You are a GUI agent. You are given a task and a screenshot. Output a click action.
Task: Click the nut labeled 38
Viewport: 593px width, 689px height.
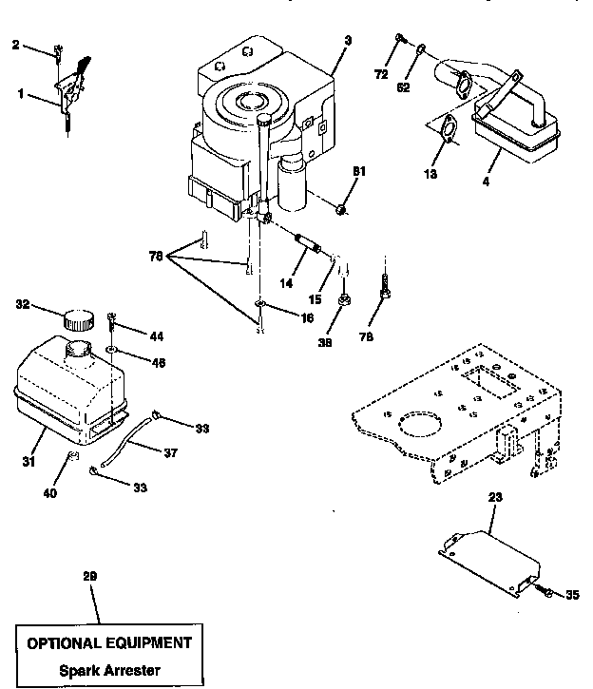[344, 301]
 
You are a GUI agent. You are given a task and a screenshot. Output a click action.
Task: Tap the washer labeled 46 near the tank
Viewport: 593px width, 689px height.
[112, 351]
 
